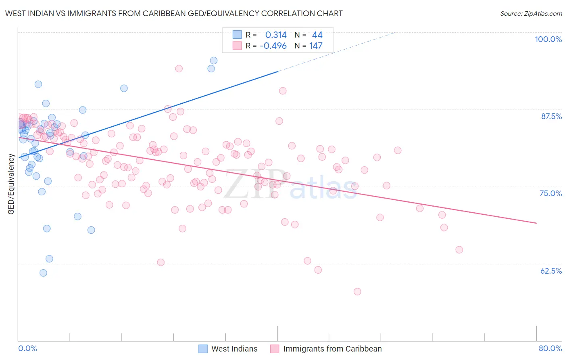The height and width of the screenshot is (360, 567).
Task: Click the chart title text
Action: coord(174,13)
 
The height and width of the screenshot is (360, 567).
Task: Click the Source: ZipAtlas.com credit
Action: coord(531,13)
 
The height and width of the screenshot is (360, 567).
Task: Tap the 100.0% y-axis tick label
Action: coord(548,39)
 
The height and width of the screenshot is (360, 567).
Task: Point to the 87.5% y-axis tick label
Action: coord(551,116)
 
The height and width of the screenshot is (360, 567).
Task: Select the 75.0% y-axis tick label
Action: coord(550,193)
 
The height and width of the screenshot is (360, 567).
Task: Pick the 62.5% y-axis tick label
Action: coord(551,271)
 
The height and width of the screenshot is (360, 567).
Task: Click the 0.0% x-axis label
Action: coord(27,348)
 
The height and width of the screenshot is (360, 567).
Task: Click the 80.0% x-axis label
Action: coord(550,348)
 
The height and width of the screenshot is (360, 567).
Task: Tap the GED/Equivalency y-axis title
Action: coord(11,184)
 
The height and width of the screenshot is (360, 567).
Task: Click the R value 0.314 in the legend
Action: coord(276,35)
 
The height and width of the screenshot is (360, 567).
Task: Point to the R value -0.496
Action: coord(273,46)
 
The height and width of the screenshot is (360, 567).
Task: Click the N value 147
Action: coord(316,46)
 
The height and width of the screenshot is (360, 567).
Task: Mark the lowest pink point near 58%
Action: coord(357,291)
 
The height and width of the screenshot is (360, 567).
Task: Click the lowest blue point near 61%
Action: coord(43,273)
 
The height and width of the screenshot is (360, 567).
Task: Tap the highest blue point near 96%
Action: coord(214,61)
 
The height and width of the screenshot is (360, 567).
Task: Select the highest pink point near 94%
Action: coord(179,69)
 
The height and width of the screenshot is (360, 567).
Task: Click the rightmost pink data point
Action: coord(459,250)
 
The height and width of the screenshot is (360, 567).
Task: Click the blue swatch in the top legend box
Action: coord(237,35)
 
